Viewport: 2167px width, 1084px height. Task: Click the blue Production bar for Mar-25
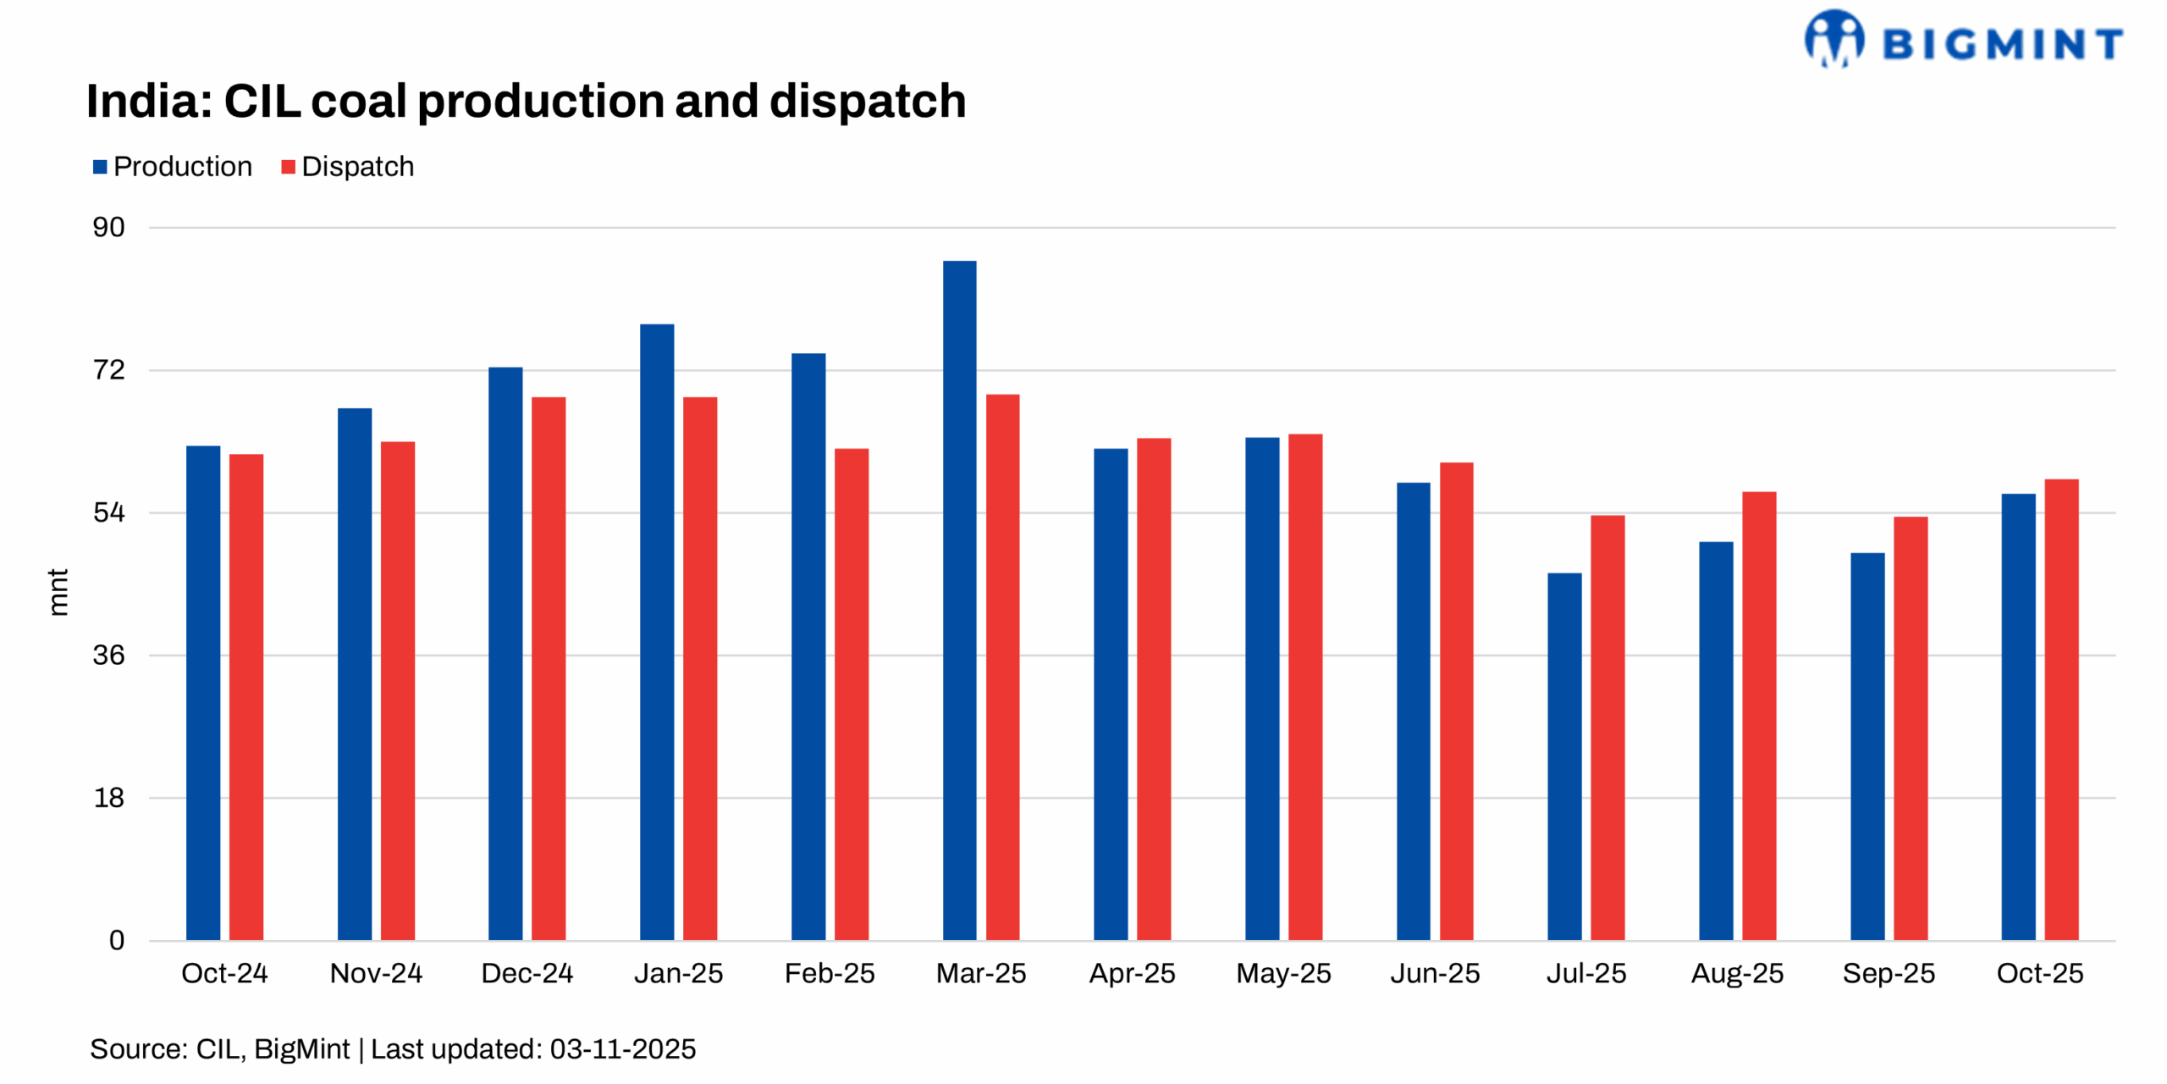coord(959,600)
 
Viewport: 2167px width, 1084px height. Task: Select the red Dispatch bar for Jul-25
coord(1607,727)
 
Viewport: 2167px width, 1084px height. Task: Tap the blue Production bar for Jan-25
coord(657,632)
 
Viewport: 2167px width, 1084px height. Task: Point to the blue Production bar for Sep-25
coord(1867,746)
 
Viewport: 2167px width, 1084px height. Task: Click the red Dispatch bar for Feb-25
coord(852,694)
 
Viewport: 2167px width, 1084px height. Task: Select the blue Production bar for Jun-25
coord(1413,711)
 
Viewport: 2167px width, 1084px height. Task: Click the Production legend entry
coord(173,167)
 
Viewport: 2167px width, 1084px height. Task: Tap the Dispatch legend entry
coord(348,167)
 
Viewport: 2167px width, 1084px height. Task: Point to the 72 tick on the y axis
coord(108,370)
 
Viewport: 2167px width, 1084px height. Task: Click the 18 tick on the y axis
coord(108,798)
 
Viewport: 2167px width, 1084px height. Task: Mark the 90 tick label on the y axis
coord(108,227)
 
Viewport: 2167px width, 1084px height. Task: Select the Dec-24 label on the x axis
coord(527,973)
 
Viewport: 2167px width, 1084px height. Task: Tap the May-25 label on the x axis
coord(1283,973)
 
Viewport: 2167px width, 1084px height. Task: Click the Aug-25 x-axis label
coord(1737,973)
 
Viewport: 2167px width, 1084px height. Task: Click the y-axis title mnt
coord(58,592)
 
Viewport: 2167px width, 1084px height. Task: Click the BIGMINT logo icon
coord(1833,38)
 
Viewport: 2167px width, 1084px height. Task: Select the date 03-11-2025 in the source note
coord(622,1049)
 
